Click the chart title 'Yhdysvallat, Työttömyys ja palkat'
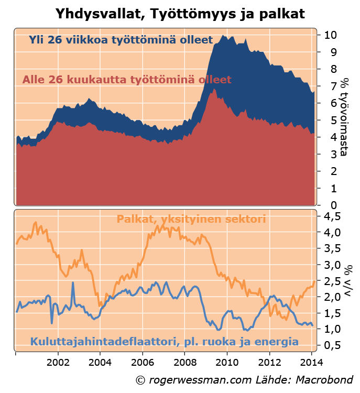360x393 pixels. pos(180,12)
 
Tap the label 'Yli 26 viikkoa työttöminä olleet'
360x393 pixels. pos(121,40)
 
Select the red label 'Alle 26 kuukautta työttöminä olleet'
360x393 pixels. pos(127,80)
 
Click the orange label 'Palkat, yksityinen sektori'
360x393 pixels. pos(191,219)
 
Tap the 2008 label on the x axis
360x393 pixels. pos(184,362)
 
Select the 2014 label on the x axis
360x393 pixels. pos(311,362)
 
